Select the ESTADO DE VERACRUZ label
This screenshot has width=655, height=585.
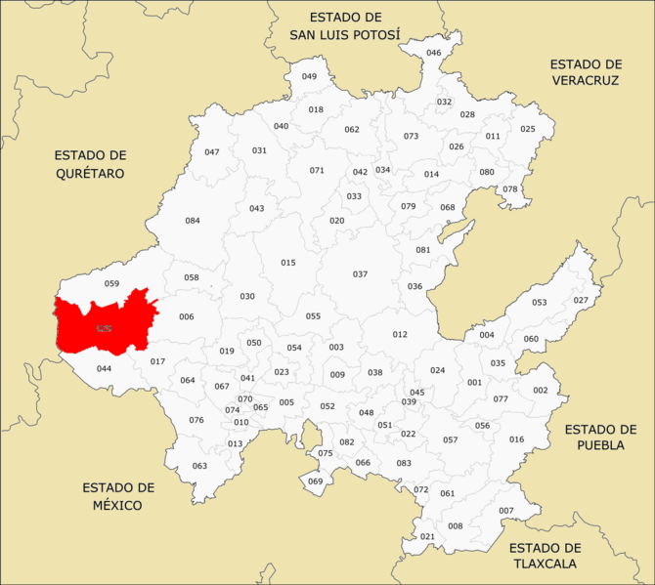[x=586, y=71]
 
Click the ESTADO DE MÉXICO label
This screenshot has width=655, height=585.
[x=118, y=496]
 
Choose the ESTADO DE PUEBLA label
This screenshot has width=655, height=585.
[x=600, y=438]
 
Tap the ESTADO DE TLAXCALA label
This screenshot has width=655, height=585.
[x=545, y=556]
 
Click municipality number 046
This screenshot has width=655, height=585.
[x=434, y=53]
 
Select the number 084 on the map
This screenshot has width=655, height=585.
[x=193, y=221]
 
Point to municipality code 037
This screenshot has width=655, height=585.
[x=360, y=274]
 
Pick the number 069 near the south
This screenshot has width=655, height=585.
[x=315, y=481]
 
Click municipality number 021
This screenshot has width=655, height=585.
[x=427, y=537]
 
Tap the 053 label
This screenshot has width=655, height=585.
[x=540, y=303]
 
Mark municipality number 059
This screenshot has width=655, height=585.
[x=111, y=284]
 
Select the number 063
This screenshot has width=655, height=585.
[x=199, y=466]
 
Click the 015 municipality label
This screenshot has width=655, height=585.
[x=287, y=263]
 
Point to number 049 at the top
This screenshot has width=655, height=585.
[x=309, y=76]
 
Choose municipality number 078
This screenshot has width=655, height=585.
[x=510, y=189]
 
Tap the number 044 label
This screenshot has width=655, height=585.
[x=104, y=369]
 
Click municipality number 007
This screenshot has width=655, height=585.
[x=505, y=512]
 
